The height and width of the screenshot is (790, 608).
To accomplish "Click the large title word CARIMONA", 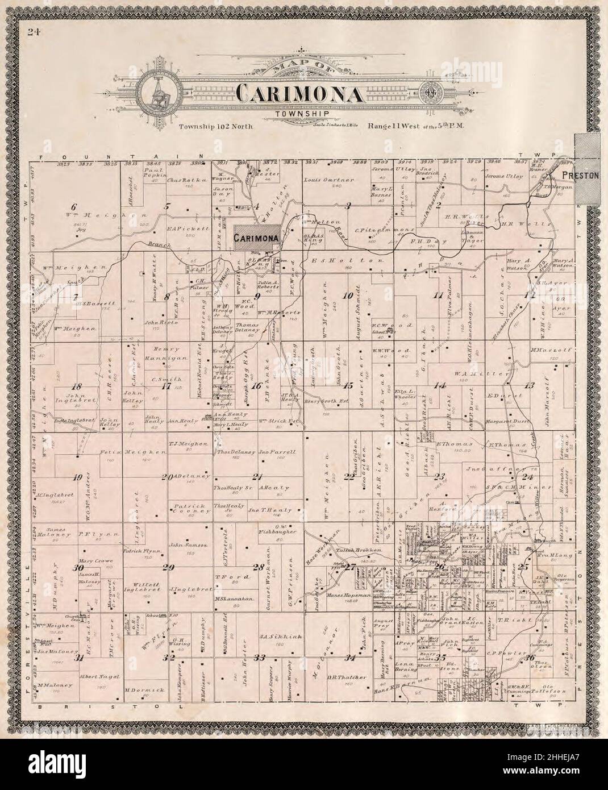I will [x=300, y=93].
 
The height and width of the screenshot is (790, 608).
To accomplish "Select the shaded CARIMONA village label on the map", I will [x=257, y=238].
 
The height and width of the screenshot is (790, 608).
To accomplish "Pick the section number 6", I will [x=73, y=205].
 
